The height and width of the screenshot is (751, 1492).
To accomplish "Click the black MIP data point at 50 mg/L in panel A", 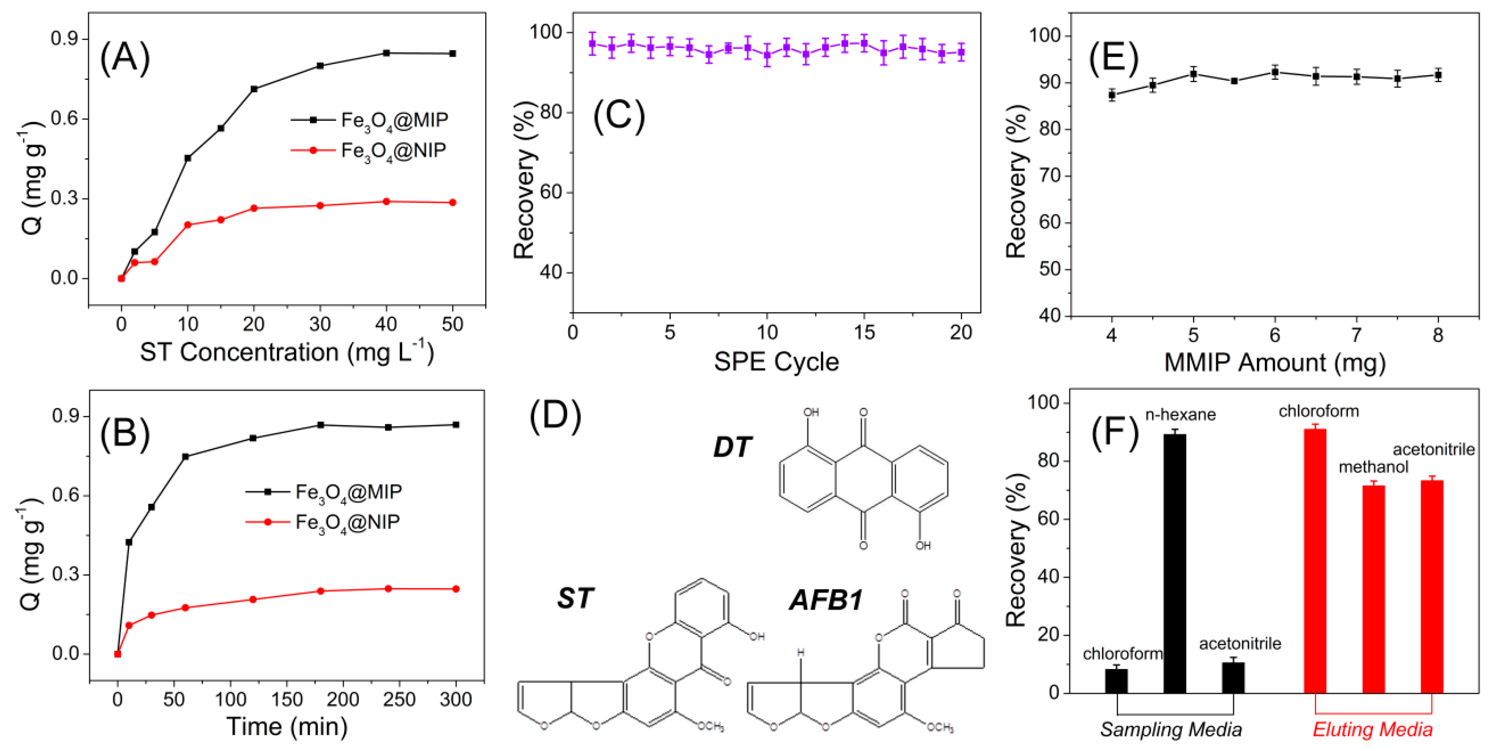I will (x=452, y=53).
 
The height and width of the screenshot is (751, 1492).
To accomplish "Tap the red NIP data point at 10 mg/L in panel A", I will (x=187, y=224).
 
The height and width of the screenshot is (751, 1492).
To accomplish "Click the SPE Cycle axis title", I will (x=776, y=362).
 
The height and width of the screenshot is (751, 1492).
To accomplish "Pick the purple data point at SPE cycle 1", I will (x=592, y=43).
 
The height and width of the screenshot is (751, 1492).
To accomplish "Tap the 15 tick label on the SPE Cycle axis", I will (x=864, y=332).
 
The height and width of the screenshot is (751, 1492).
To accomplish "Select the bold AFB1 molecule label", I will (x=826, y=600).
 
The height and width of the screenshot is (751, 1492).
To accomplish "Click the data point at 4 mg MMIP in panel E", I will (x=1112, y=94).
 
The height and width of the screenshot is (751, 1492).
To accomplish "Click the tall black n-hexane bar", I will (x=1175, y=562).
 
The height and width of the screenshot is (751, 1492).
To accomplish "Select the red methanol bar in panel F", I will (x=1373, y=588).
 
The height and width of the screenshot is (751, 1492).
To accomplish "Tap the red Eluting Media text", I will (x=1372, y=729).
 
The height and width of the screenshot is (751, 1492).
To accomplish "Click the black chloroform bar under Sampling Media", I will (x=1116, y=681).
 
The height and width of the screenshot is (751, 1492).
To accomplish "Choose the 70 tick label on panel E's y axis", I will (x=1050, y=176).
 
